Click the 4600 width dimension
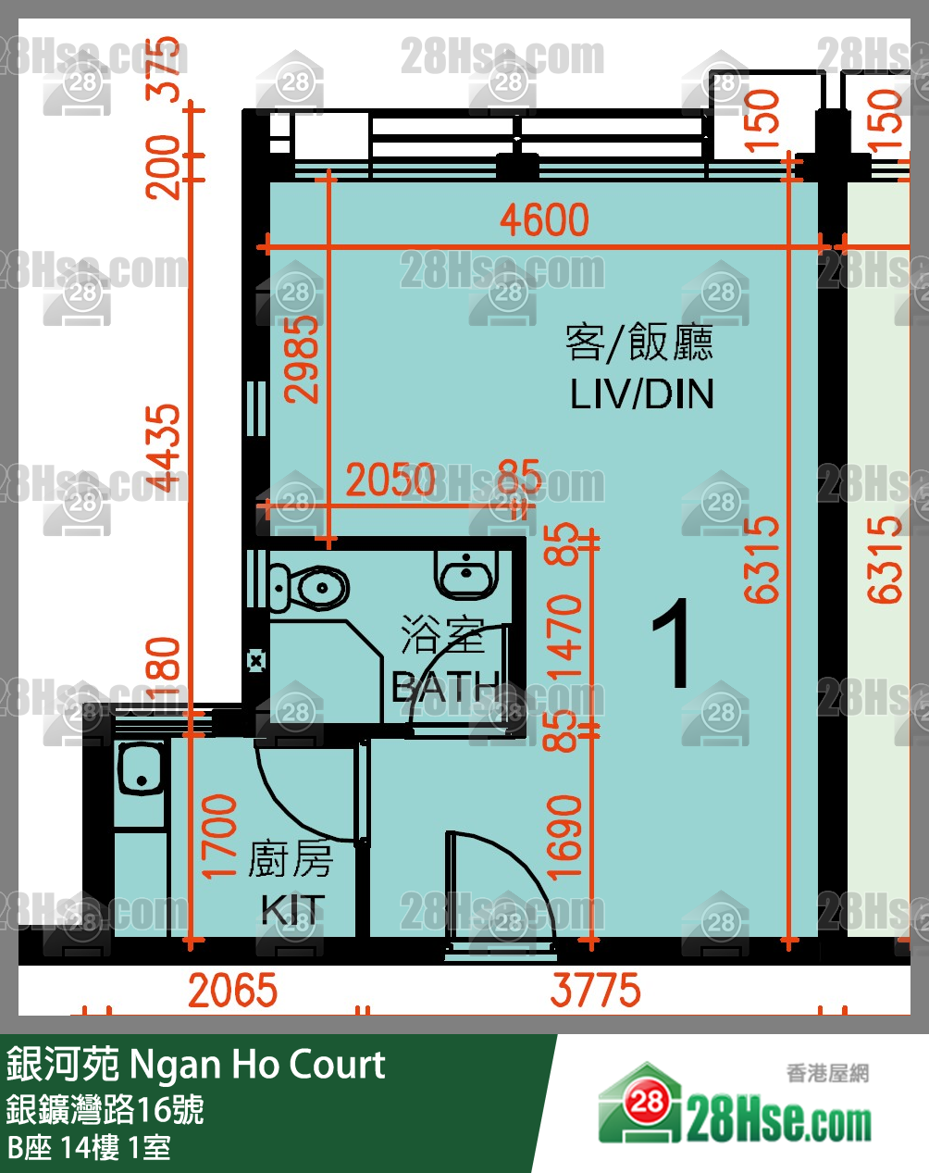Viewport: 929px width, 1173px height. [544, 220]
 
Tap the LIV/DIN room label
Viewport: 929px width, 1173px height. [641, 394]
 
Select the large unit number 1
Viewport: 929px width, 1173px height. [672, 644]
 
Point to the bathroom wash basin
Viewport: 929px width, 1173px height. [468, 575]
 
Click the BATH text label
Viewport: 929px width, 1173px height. [445, 688]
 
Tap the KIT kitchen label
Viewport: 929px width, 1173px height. [292, 909]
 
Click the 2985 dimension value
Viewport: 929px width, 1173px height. [302, 359]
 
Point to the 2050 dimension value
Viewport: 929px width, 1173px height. [390, 480]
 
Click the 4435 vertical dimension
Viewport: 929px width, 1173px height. [167, 448]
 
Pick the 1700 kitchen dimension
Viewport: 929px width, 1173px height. [219, 836]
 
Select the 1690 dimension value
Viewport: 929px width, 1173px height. [564, 836]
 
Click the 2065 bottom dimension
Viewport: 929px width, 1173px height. [232, 991]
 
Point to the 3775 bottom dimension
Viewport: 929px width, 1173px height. [595, 991]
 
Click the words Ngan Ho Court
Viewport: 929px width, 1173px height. [257, 1065]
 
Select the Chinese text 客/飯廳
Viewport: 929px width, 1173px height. [639, 343]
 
